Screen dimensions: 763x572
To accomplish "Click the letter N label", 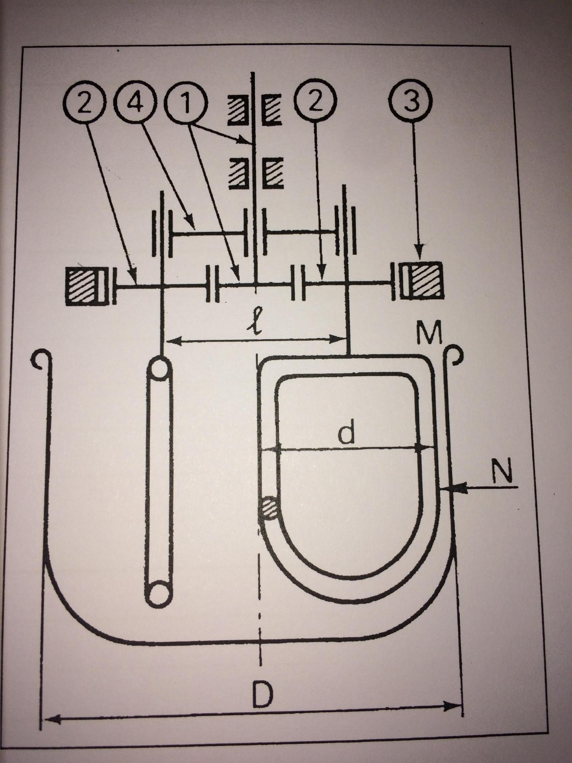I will (501, 472).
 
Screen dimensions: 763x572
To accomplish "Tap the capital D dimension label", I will (263, 694).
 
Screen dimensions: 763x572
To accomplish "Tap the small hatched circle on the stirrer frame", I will (268, 508).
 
